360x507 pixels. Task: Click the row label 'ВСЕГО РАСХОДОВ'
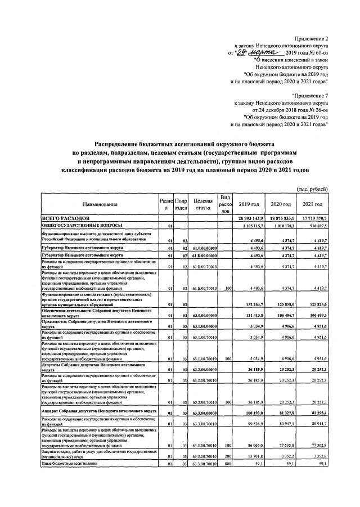(x=68, y=217)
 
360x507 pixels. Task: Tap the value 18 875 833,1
(x=281, y=217)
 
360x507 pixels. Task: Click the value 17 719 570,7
(x=313, y=217)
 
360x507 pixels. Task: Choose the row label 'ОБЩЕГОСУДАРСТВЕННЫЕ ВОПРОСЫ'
(x=79, y=225)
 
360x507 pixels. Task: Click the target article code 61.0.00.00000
(x=202, y=248)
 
